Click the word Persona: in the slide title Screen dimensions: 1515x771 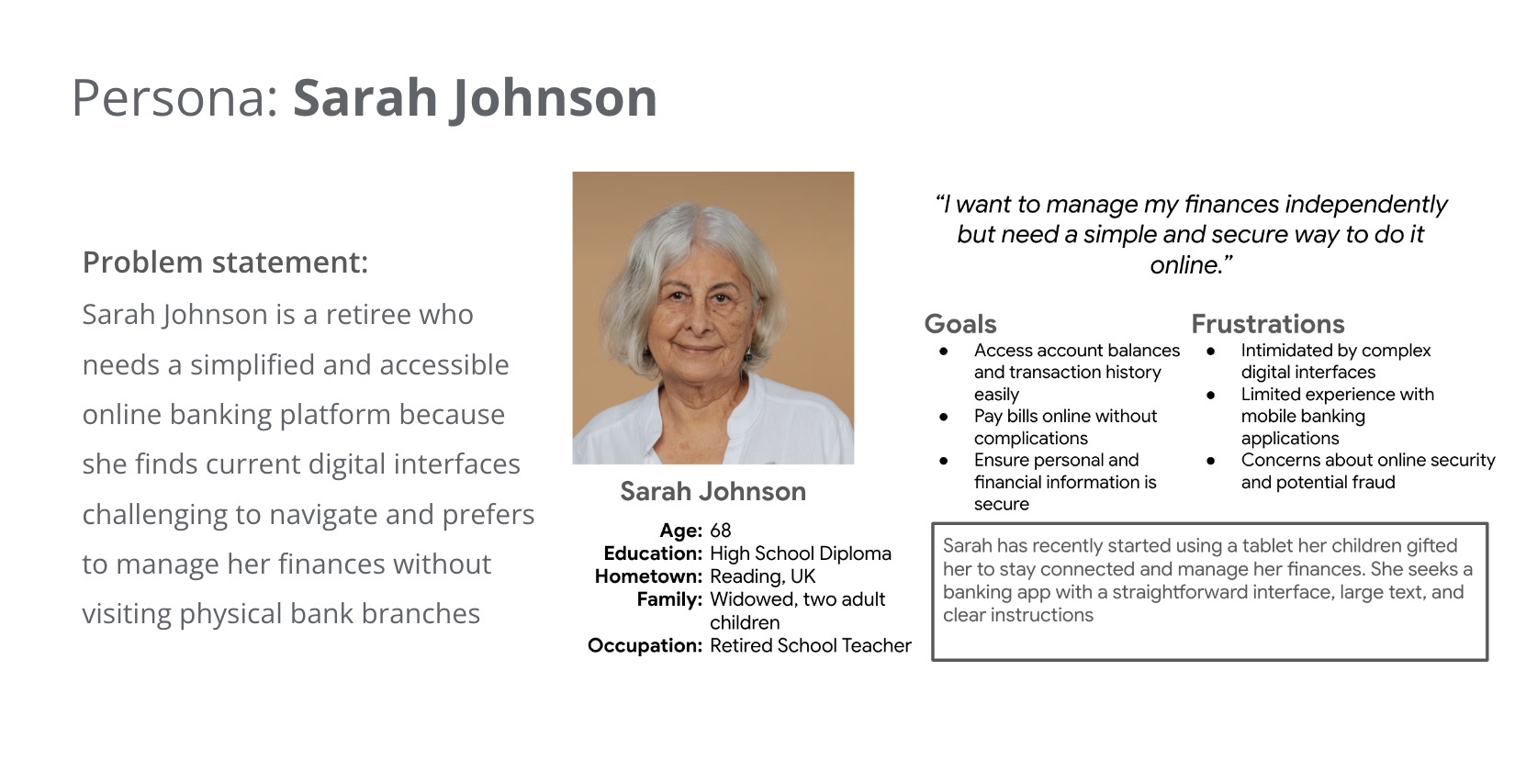175,98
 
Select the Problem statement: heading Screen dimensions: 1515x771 225,263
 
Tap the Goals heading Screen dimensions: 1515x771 960,324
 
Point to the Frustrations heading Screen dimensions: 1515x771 1267,324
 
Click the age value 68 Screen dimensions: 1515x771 720,531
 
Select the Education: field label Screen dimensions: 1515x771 653,553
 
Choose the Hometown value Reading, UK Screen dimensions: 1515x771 762,576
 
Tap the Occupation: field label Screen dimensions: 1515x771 645,645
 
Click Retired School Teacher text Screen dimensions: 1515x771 810,645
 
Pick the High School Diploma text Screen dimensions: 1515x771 800,553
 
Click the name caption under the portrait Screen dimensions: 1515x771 713,492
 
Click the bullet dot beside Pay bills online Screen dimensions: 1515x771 944,417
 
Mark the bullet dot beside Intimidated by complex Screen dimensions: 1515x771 1211,351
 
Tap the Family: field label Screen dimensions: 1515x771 669,599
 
